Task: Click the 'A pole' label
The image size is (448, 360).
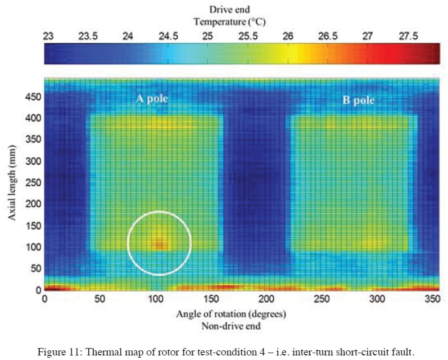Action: coord(152,98)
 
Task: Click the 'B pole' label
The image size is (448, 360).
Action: coord(358,100)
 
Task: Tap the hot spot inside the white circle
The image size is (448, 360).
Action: coord(160,243)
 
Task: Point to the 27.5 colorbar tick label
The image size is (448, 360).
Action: coord(408,36)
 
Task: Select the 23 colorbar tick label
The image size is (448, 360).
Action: coord(48,36)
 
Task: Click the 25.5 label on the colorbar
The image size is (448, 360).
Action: coord(248,36)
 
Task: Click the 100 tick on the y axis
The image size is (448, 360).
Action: coord(32,247)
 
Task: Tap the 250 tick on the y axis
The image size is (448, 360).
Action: coord(32,182)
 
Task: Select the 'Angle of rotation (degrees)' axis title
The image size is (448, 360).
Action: coord(231,314)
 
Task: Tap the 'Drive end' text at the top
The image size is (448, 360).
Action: coord(229,10)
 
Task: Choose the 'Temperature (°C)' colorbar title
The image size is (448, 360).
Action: coord(229,22)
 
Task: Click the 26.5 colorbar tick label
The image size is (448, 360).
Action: coord(327,36)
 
